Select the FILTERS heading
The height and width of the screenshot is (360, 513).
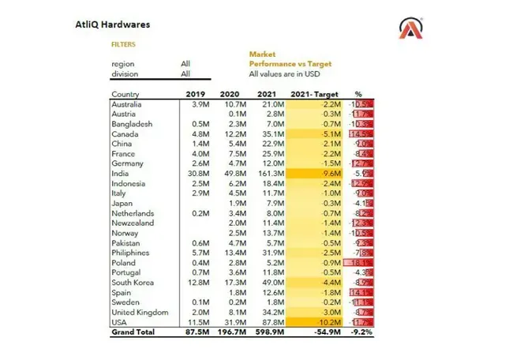(123, 45)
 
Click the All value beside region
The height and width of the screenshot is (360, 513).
(185, 63)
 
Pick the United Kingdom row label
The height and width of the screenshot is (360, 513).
(139, 313)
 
